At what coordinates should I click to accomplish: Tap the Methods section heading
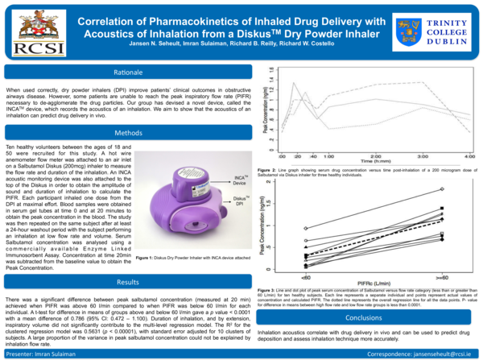128,133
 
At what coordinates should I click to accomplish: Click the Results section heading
128,283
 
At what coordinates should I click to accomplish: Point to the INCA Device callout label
240,180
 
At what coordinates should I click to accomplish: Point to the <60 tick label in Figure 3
305,275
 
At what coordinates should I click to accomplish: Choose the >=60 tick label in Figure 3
442,275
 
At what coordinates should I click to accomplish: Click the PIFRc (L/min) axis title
374,282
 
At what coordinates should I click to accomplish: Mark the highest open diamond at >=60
442,188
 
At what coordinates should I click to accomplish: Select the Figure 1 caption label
149,257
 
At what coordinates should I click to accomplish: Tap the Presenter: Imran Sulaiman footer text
39,353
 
